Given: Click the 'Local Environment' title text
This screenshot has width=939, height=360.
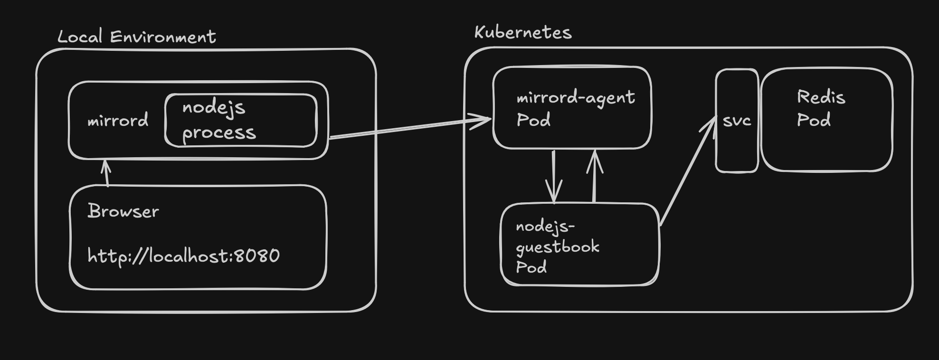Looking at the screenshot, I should [x=137, y=37].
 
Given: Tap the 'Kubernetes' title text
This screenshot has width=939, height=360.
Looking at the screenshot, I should [x=523, y=32].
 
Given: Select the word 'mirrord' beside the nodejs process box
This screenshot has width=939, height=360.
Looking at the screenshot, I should [x=118, y=121].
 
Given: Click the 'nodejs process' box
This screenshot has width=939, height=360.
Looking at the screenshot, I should [x=241, y=120].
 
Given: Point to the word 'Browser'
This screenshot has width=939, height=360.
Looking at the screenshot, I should [x=123, y=211].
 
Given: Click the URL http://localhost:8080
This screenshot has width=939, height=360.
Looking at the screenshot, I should [x=184, y=256].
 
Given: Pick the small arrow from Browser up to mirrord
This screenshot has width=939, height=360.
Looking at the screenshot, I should [x=106, y=173].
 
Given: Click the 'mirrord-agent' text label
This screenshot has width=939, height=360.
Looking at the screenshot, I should [x=576, y=97].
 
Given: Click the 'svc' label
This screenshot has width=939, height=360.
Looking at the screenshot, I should [x=737, y=121].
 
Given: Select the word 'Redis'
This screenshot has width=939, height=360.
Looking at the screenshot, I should [x=821, y=97].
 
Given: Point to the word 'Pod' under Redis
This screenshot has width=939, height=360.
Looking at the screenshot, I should [x=814, y=120].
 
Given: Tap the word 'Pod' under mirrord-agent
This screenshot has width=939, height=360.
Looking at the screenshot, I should [x=533, y=120].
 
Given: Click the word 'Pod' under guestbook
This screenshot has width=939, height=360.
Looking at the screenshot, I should [x=531, y=267].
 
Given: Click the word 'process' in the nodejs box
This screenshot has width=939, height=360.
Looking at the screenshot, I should [x=219, y=133].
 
